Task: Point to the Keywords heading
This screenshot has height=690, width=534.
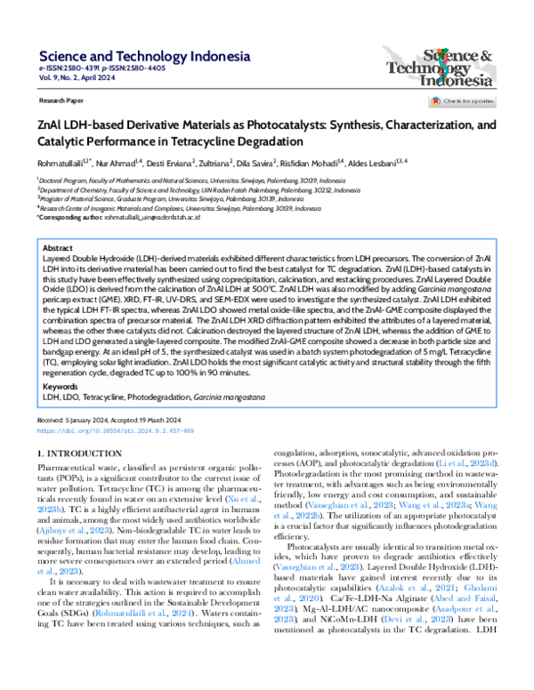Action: click(60, 387)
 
